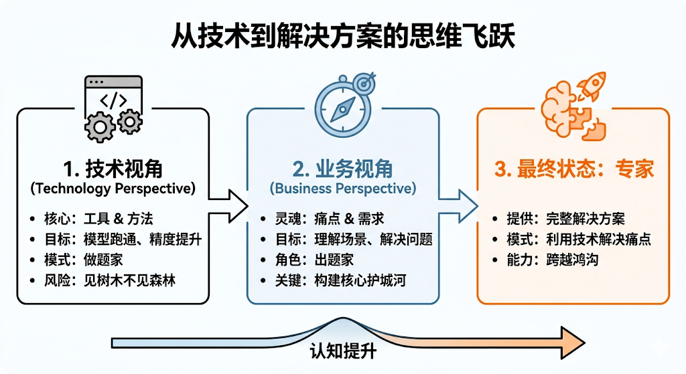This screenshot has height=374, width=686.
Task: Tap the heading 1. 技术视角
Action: (x=113, y=168)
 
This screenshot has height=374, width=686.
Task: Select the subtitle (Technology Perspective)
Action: (x=113, y=189)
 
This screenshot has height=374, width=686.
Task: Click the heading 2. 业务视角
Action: (x=342, y=168)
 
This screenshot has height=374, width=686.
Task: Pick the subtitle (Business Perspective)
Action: (x=342, y=189)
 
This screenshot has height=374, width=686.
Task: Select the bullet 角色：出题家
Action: (x=315, y=259)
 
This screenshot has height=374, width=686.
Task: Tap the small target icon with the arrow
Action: (x=364, y=84)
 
